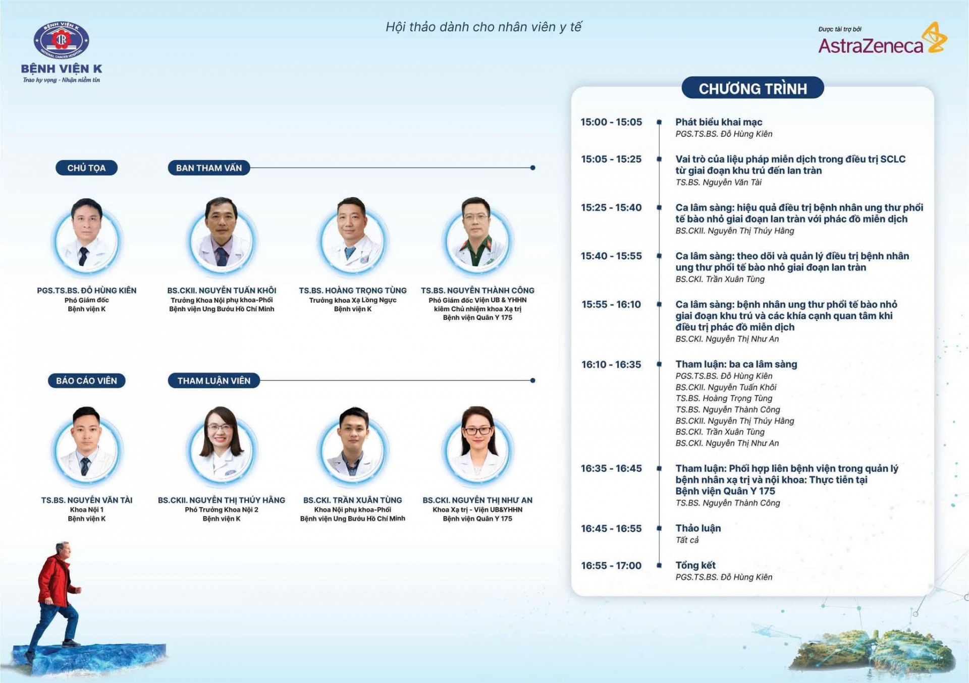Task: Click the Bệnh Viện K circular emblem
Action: click(x=61, y=40)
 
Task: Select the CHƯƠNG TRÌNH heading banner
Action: click(x=752, y=88)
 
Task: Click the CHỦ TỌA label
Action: click(x=86, y=168)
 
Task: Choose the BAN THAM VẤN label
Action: click(x=209, y=168)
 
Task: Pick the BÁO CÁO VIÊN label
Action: click(x=86, y=381)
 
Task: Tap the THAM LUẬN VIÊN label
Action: click(x=214, y=381)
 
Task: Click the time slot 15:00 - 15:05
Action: click(x=611, y=122)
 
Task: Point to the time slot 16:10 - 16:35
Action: click(x=611, y=365)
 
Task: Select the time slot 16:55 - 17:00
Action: click(x=611, y=566)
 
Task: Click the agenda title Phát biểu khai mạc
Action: click(x=719, y=122)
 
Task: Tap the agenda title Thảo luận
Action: click(x=698, y=528)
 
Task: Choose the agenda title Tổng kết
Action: click(x=695, y=565)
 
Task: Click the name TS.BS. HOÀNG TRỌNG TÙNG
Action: click(x=353, y=291)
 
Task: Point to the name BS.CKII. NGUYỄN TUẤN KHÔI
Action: click(x=222, y=291)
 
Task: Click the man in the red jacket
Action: click(x=56, y=598)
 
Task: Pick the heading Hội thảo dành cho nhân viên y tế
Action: click(x=484, y=27)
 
